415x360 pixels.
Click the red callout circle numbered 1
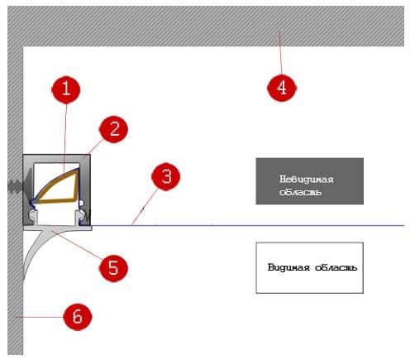pos(66,89)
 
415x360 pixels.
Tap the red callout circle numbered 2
pos(113,129)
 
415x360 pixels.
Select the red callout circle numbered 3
pos(166,176)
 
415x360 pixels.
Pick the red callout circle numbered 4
pos(282,88)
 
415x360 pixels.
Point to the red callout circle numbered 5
pos(113,267)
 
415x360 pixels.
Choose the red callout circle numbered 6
pos(78,316)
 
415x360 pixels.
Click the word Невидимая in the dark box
pos(307,180)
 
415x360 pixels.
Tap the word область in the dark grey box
pos(300,192)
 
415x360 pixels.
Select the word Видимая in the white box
pos(289,267)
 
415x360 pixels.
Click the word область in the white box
pos(336,267)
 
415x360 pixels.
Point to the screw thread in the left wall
pos(15,186)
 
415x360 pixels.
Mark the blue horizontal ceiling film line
pos(248,225)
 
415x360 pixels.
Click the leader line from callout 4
pos(280,52)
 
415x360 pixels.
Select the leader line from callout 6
pos(39,317)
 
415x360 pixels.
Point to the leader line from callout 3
pos(145,207)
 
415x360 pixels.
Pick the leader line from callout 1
pos(65,138)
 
